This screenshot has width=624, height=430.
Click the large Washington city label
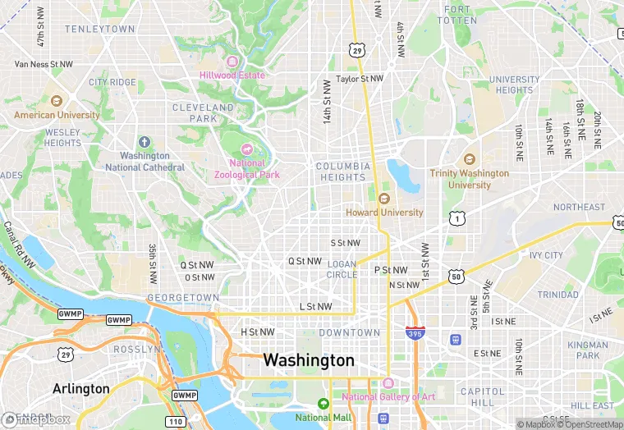tap(309, 360)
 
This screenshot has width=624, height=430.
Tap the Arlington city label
tap(80, 388)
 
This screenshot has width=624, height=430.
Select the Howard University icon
tap(383, 198)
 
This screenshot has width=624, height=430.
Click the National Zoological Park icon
tap(246, 149)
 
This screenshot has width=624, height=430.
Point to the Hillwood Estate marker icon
tap(232, 62)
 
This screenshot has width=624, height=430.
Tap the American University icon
tap(56, 101)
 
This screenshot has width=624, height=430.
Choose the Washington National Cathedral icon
tap(145, 142)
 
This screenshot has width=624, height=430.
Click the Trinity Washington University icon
tap(469, 159)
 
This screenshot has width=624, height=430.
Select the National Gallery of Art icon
tap(388, 383)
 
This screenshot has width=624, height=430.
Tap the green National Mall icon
tap(323, 404)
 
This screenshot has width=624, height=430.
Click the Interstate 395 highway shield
tap(415, 332)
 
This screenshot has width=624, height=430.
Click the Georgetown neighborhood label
tap(183, 297)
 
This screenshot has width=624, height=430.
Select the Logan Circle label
tap(342, 269)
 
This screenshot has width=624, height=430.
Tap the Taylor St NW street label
tap(359, 80)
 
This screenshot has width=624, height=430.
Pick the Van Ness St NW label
tap(44, 64)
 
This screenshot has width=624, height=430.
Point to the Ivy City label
tap(546, 255)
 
